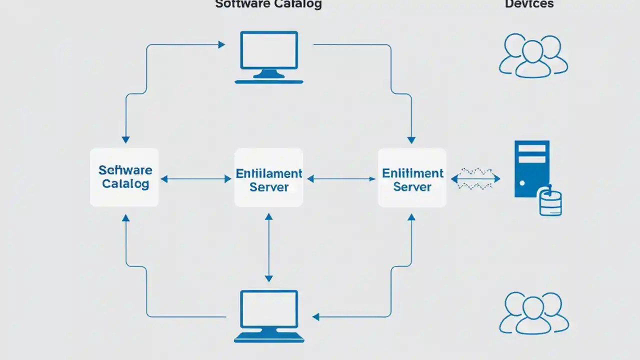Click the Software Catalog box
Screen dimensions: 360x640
coord(124,177)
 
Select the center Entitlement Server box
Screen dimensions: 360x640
coord(269,177)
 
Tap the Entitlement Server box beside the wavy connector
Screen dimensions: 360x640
coord(412,177)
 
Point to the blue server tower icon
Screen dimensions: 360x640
coord(531,167)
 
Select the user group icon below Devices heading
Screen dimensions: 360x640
coord(533,55)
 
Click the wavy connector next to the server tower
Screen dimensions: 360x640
coord(475,178)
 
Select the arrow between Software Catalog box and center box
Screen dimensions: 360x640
coord(196,178)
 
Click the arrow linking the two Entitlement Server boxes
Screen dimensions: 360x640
coord(341,178)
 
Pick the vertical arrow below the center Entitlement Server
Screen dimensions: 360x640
coord(269,247)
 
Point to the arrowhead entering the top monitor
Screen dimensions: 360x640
coord(221,44)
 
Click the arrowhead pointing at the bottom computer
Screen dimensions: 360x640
coord(316,316)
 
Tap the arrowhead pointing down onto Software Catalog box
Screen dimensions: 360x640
coord(125,139)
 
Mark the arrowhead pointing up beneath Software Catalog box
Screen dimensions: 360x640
coord(125,218)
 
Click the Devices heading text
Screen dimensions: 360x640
coord(529,4)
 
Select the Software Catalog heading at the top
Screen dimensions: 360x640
coord(268,4)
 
